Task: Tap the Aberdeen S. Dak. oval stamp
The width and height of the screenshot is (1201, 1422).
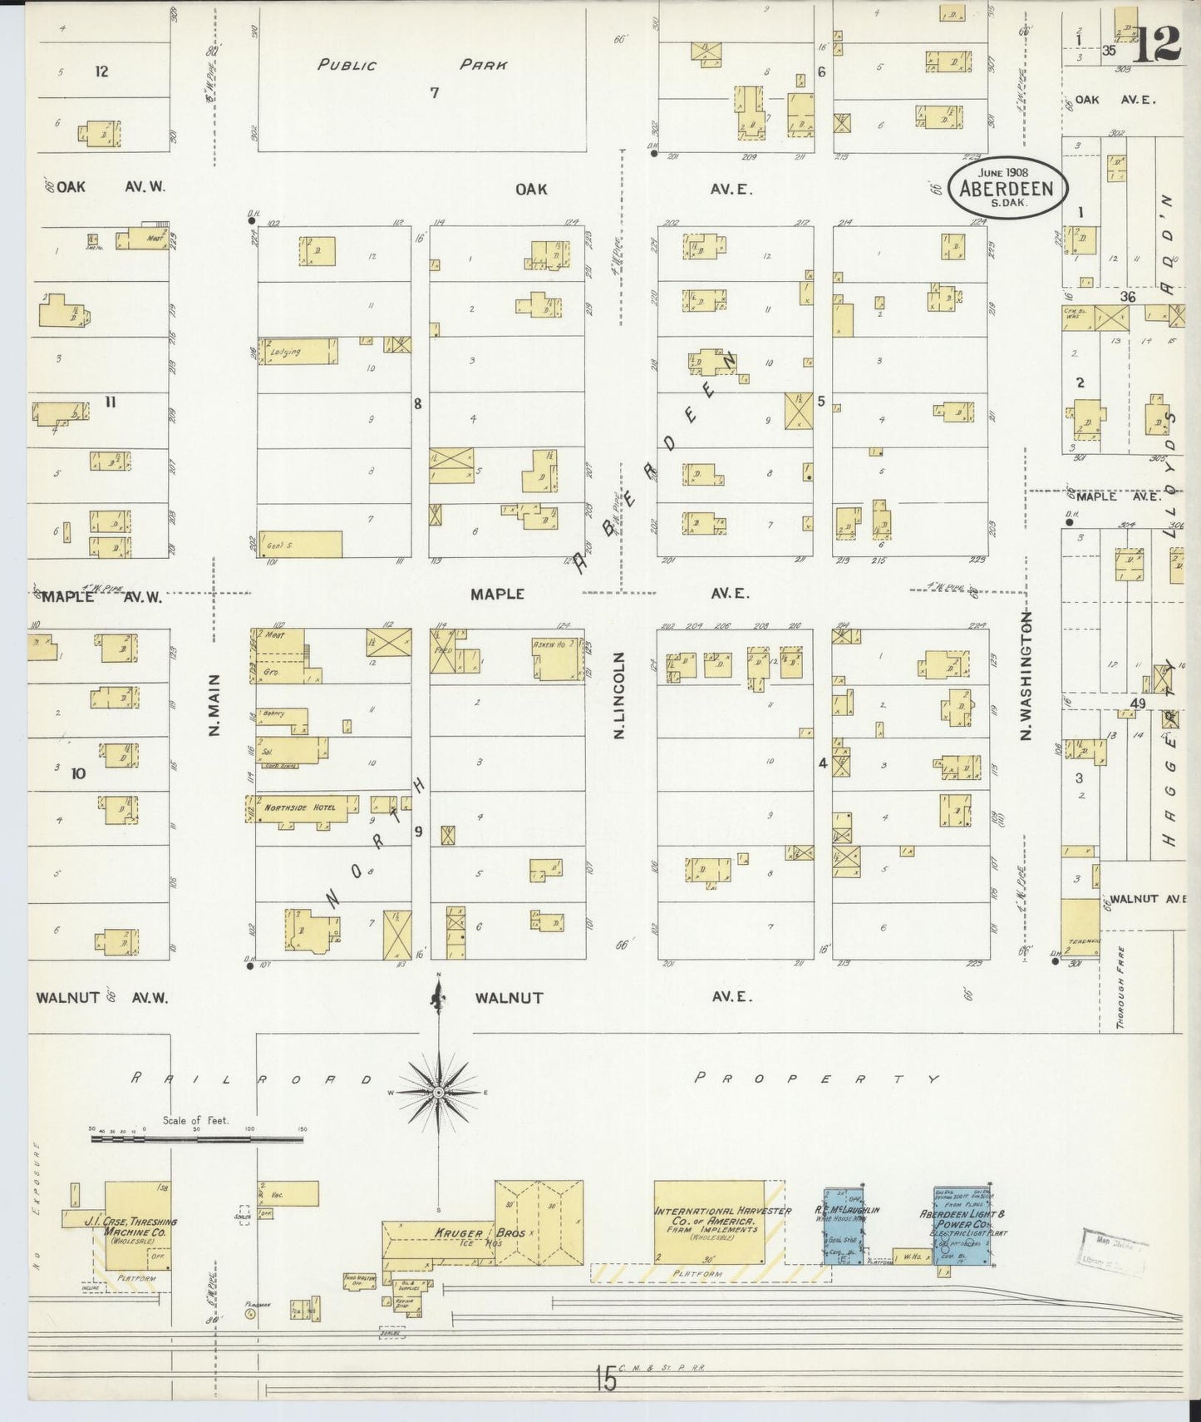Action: tap(1007, 188)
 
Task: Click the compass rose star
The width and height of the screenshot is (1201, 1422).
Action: tap(438, 1091)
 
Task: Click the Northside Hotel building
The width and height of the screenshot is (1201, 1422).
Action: tap(301, 807)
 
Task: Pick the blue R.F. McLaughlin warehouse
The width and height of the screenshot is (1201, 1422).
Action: tap(843, 1226)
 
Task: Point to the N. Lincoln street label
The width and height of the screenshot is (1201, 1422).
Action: tap(618, 695)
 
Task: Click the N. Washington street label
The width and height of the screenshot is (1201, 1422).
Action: tap(1026, 675)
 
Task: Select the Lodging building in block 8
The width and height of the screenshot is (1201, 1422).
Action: tap(298, 351)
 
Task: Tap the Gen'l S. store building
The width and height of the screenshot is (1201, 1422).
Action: tap(300, 544)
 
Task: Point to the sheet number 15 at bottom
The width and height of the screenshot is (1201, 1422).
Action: tap(606, 1379)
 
